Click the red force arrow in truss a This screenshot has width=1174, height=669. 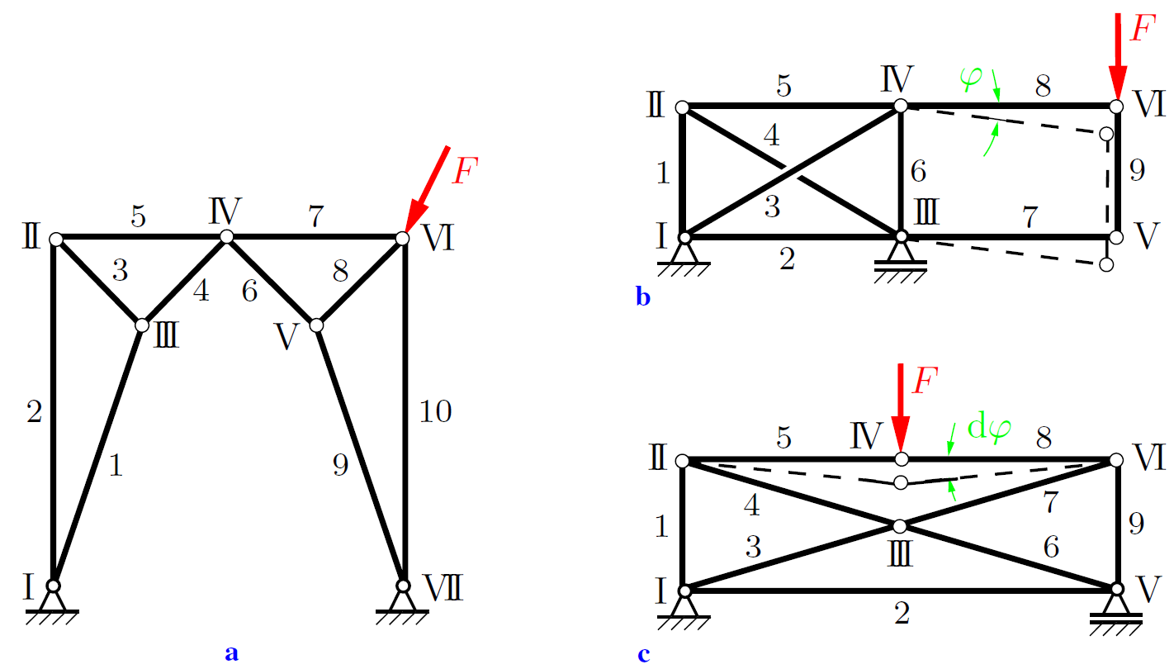tap(428, 192)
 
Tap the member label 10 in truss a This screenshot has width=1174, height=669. tap(435, 410)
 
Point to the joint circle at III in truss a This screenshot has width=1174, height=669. tap(142, 325)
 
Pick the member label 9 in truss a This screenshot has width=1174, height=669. tap(339, 465)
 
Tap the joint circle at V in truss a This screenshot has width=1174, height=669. tap(316, 325)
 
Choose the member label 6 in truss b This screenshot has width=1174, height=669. tap(918, 172)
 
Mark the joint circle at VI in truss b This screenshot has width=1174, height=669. tap(1116, 107)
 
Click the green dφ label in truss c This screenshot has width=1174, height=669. tap(989, 429)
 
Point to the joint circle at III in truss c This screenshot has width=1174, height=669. tap(900, 525)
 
